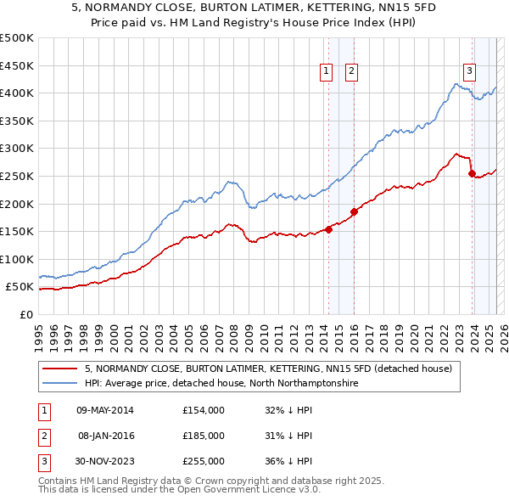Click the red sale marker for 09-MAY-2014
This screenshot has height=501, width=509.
328,229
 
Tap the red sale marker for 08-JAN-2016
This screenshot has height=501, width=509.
354,212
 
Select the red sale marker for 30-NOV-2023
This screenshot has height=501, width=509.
472,173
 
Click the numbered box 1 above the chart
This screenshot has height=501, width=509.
326,72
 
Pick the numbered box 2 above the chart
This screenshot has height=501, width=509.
350,72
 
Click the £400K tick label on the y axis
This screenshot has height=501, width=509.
17,93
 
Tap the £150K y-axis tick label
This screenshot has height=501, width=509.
17,231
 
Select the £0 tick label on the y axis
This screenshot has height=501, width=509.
25,314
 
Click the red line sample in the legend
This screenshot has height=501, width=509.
59,369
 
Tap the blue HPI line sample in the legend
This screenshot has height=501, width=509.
59,384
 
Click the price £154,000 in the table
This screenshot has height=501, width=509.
203,410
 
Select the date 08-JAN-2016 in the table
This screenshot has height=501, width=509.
105,436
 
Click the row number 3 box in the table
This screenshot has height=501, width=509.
42,461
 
